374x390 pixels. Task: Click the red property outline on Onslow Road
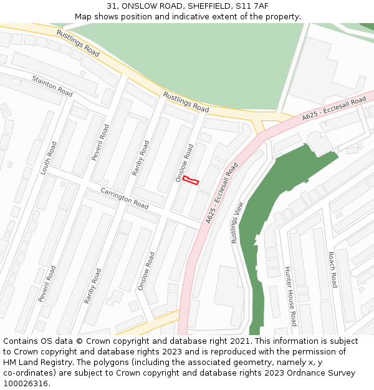(190, 180)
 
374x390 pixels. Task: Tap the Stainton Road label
(52, 86)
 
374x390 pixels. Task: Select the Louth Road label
(49, 157)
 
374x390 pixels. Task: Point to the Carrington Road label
(125, 198)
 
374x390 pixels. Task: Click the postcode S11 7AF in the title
(252, 6)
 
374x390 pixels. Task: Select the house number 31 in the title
(112, 6)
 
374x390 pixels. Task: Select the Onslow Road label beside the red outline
(184, 163)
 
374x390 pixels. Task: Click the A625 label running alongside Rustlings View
(222, 193)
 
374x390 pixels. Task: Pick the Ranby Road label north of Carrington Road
(141, 157)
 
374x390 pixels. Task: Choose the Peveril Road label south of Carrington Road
(47, 284)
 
